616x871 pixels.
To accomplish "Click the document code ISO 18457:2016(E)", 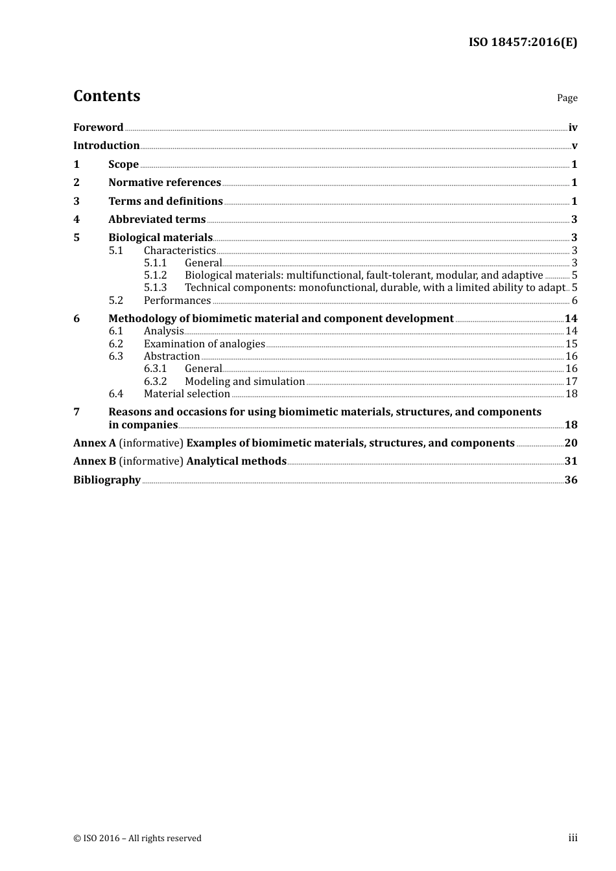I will click(x=523, y=42).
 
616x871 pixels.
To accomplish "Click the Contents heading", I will click(x=106, y=96).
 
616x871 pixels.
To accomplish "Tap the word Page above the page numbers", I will click(x=567, y=98).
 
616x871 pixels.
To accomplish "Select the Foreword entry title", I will click(x=98, y=127).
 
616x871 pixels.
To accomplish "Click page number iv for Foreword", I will click(x=573, y=127).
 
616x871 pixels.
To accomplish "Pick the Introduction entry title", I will click(x=106, y=145).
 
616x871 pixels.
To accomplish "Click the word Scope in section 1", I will click(x=123, y=164).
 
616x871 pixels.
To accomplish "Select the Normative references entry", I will click(x=165, y=182).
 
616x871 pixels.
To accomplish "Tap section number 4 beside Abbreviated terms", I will click(x=77, y=219).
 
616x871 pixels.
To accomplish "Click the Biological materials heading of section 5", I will click(x=160, y=237).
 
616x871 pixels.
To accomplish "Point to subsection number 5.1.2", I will click(x=155, y=275).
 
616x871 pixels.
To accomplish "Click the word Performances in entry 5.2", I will click(x=177, y=300).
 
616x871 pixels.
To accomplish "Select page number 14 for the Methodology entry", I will click(x=571, y=318).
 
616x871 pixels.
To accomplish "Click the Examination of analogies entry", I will click(x=204, y=343).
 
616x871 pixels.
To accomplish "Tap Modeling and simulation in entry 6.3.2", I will click(x=244, y=381).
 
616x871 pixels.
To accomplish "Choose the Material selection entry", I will click(x=187, y=393).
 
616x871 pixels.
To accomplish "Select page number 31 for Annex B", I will click(x=571, y=461).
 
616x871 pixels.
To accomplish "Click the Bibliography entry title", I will click(x=107, y=480).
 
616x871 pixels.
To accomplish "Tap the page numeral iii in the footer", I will click(x=573, y=838).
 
